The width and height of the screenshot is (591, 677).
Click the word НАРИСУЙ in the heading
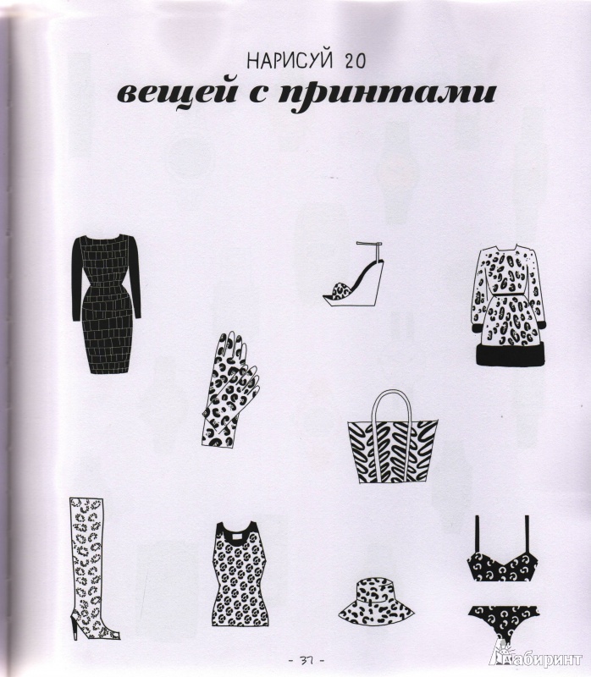(x=290, y=61)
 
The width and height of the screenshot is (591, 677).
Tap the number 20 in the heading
(x=355, y=62)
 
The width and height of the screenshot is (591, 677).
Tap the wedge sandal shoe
(x=353, y=274)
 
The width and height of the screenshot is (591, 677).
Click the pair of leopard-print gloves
(x=229, y=389)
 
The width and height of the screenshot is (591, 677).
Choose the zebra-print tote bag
(x=392, y=437)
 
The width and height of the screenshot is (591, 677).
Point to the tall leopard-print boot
(x=90, y=568)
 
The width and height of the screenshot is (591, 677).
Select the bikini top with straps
(x=502, y=551)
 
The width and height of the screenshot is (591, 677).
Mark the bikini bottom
(x=504, y=621)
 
